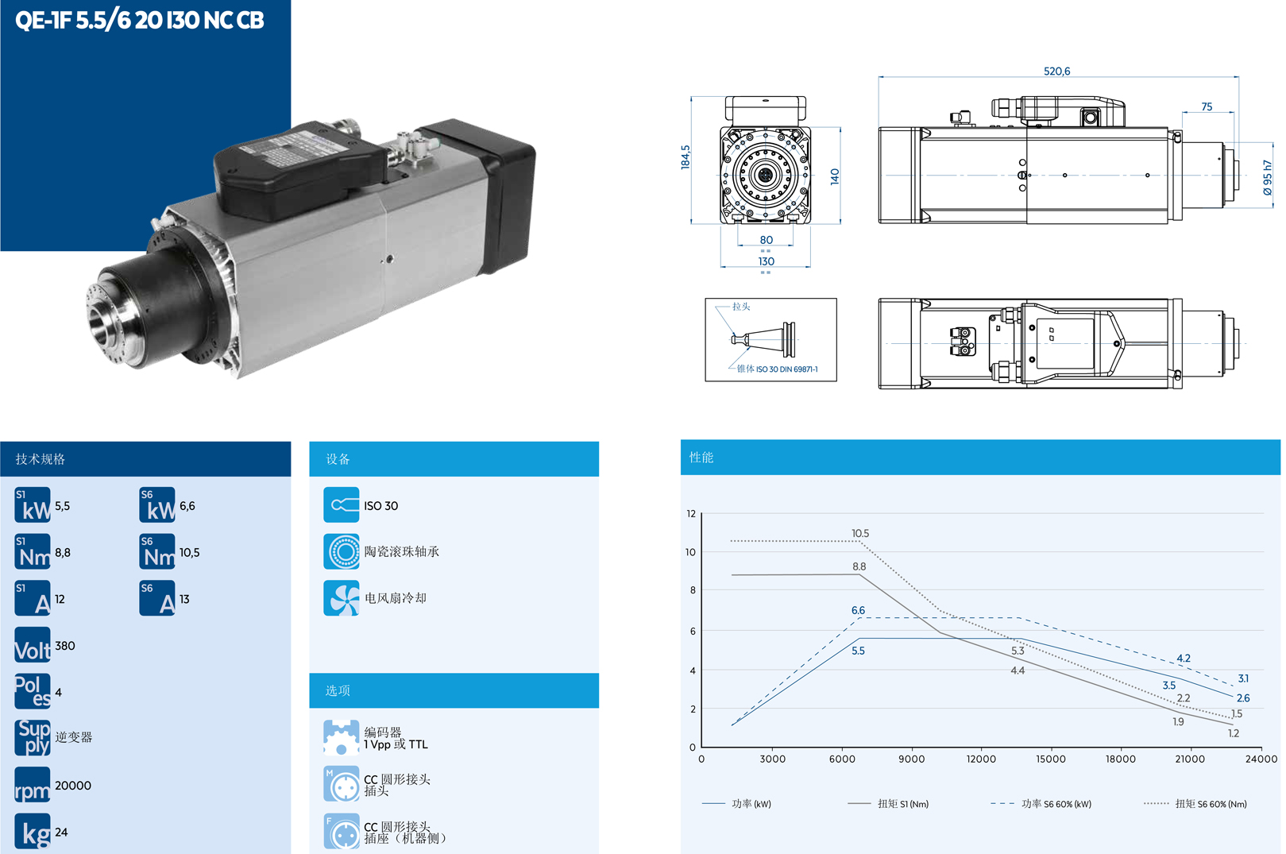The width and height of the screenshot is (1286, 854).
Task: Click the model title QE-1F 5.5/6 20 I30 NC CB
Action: [x=140, y=20]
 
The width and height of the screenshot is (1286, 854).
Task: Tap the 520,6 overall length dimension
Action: [x=1056, y=71]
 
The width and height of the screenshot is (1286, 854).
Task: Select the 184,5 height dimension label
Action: [x=685, y=157]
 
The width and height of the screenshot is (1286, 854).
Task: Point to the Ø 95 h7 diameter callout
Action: [x=1268, y=178]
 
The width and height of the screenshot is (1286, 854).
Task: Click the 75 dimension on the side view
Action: [x=1207, y=106]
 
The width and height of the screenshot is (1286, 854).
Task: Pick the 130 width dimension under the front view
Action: [x=766, y=261]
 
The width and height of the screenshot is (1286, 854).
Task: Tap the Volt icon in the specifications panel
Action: [x=33, y=645]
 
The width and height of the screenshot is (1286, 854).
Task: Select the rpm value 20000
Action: [x=73, y=786]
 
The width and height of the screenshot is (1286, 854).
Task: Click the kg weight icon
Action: [x=33, y=831]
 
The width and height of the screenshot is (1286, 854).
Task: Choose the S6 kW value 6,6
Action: [x=187, y=506]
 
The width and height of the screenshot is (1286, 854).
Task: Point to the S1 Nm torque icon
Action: [x=33, y=552]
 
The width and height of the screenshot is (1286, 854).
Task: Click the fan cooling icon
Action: [x=342, y=598]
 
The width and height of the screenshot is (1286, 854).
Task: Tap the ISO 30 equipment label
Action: [x=381, y=506]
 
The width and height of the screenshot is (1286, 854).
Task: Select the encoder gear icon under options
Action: [x=342, y=738]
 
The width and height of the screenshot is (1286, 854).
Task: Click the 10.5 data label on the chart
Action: [x=860, y=534]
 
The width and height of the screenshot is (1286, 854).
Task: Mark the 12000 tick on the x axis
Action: [x=981, y=759]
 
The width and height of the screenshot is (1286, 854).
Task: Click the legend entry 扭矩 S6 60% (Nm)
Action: [x=1211, y=804]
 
